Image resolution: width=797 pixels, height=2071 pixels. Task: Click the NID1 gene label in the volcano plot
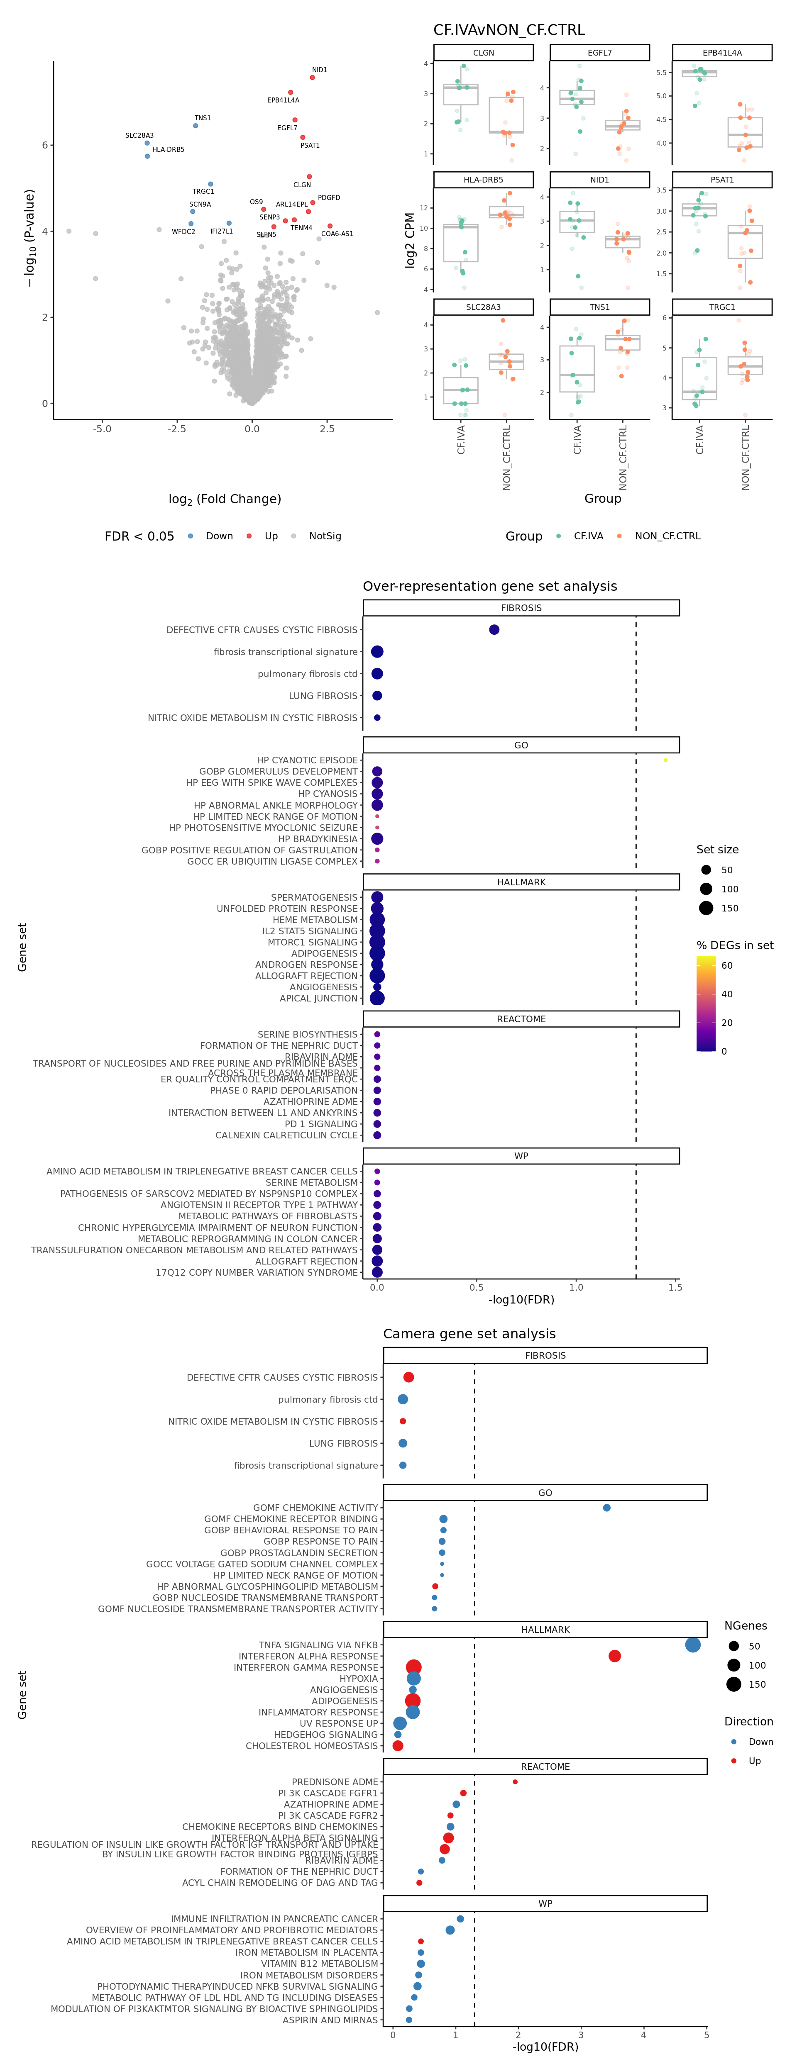tap(319, 70)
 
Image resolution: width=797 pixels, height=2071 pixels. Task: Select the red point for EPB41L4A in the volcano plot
tap(290, 93)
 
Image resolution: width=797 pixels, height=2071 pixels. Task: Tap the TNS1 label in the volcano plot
tap(203, 118)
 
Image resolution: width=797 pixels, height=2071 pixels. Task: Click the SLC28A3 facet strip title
tap(483, 307)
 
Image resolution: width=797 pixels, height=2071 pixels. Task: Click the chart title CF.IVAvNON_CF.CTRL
tap(509, 30)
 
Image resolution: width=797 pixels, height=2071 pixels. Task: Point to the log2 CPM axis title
tap(410, 239)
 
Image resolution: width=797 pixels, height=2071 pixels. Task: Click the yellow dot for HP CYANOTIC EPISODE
tap(665, 760)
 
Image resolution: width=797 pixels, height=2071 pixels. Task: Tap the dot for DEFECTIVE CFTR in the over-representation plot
tap(494, 629)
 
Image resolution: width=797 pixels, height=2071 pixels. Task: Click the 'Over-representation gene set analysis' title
tap(490, 586)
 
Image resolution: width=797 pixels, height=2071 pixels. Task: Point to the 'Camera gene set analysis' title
tap(469, 1334)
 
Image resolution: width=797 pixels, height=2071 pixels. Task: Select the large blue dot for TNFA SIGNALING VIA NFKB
tap(692, 1645)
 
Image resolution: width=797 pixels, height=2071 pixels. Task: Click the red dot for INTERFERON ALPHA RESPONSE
tap(614, 1656)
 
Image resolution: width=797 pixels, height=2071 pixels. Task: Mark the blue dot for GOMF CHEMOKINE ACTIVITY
tap(606, 1508)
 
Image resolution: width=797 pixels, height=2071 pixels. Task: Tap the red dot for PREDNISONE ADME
tap(515, 1781)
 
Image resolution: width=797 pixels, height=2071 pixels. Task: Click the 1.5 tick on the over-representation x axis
tap(675, 1287)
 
